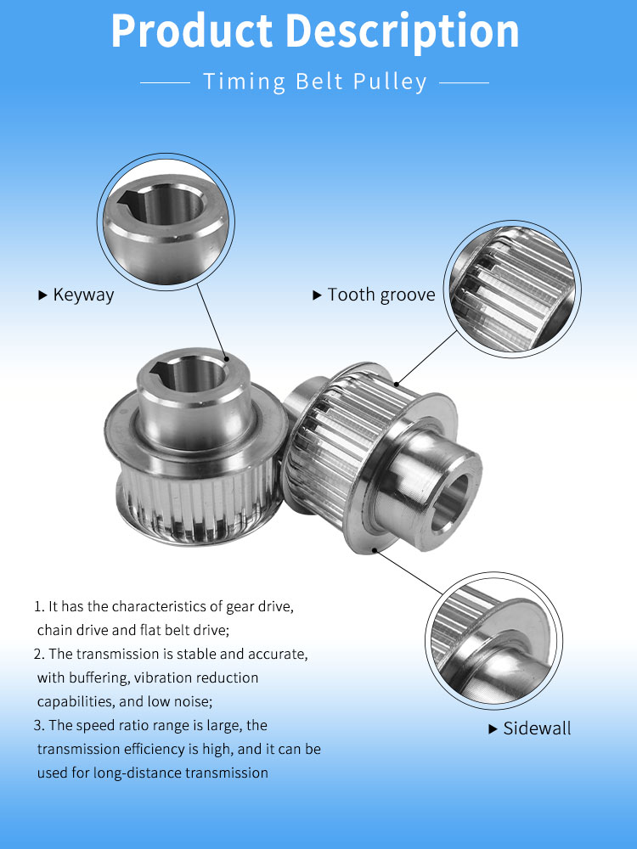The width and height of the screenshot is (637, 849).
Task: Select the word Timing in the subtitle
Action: (x=233, y=82)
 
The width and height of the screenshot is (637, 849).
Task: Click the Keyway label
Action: (x=83, y=295)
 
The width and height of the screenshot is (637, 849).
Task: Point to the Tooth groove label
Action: (x=381, y=295)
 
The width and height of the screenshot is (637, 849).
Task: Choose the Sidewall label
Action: (x=538, y=728)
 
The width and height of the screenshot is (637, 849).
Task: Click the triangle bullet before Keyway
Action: (x=42, y=295)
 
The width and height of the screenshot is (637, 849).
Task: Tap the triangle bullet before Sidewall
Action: (x=493, y=729)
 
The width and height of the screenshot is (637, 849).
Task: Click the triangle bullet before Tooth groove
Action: (x=318, y=295)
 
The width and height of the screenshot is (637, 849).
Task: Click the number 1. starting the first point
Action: (x=38, y=607)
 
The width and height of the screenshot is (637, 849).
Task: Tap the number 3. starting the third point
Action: (x=38, y=726)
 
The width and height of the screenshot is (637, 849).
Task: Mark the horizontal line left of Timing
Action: (x=164, y=82)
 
